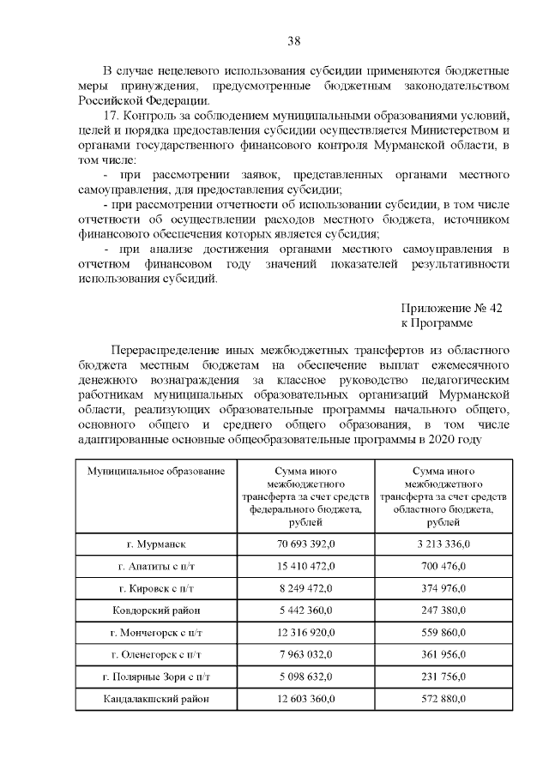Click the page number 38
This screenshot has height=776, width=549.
(x=293, y=40)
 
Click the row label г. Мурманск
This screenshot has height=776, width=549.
(x=156, y=544)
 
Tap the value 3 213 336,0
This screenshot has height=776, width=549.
(x=443, y=544)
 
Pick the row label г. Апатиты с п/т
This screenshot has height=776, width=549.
(x=156, y=567)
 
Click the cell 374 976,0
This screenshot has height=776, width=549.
(x=443, y=588)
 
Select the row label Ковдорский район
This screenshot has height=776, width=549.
(x=156, y=611)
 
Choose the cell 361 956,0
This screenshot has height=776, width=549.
(x=443, y=655)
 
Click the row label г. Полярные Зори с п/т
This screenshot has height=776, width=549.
(x=156, y=677)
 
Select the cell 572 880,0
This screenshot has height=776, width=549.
(x=443, y=699)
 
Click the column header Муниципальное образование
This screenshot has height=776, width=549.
(x=156, y=472)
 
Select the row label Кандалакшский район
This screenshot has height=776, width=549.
(x=156, y=699)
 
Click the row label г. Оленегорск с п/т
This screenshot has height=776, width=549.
(x=156, y=655)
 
